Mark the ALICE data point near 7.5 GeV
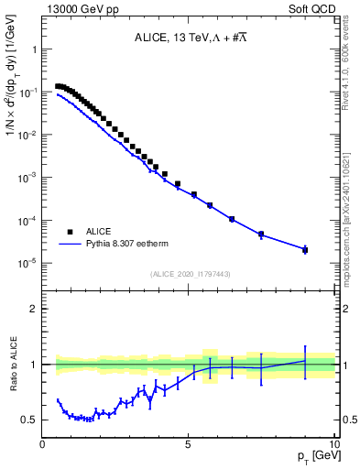[261, 234]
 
